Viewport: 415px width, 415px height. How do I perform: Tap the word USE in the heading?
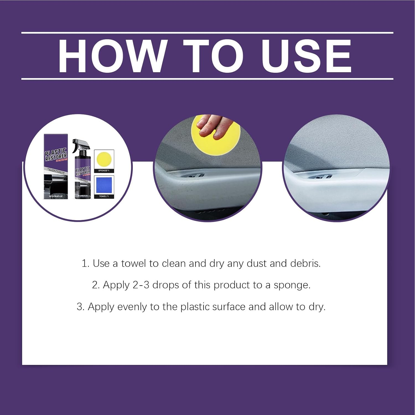[x=307, y=56]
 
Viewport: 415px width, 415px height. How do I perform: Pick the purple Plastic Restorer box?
[x=56, y=167]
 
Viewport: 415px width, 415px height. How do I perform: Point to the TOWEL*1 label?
[x=104, y=196]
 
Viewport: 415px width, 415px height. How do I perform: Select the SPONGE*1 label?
[x=104, y=171]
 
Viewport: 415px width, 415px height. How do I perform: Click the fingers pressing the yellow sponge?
[x=210, y=126]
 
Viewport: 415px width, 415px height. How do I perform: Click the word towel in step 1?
[x=133, y=263]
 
